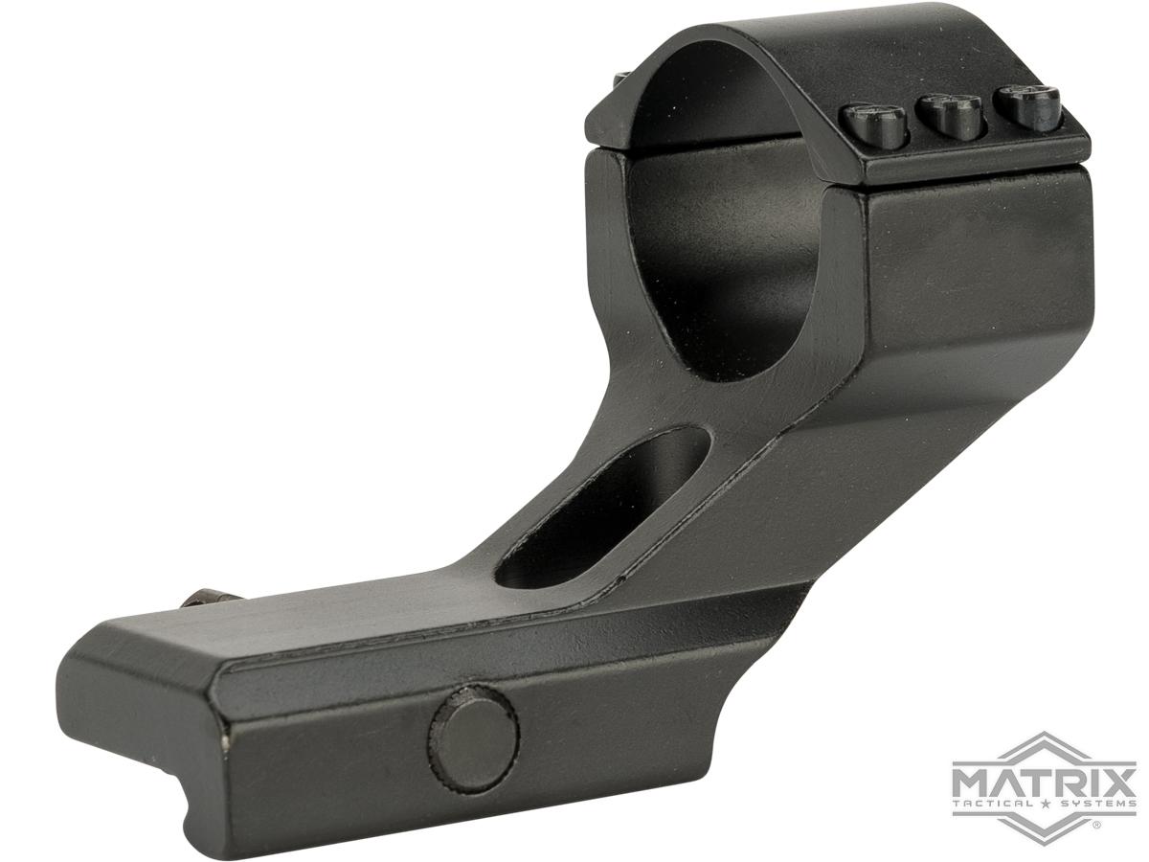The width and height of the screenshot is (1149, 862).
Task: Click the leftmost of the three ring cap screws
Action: pyautogui.click(x=872, y=125)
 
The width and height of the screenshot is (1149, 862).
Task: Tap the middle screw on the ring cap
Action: pyautogui.click(x=949, y=117)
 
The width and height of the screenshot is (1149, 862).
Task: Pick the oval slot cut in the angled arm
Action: pyautogui.click(x=602, y=509)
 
